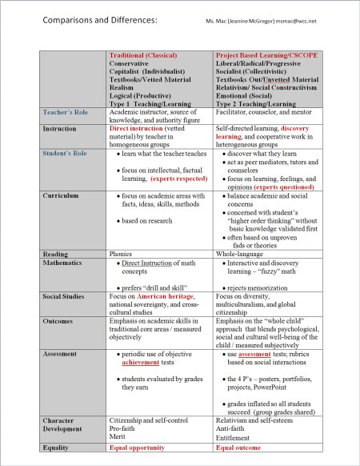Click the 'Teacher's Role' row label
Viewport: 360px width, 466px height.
(x=65, y=114)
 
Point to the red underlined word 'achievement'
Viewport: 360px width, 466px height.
(x=145, y=362)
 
